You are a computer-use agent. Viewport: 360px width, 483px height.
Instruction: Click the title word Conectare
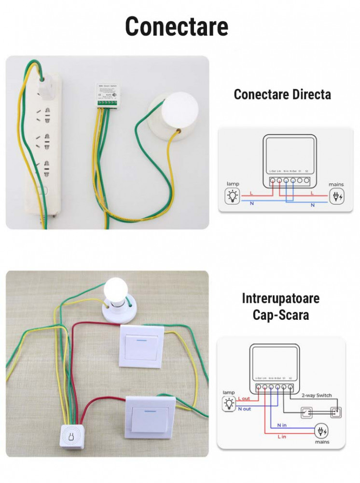coord(177,27)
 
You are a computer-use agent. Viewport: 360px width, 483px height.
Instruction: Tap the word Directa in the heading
coord(308,94)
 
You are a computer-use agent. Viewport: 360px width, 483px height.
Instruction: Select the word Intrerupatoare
coord(280,298)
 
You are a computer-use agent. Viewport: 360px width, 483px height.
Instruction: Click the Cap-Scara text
coord(280,315)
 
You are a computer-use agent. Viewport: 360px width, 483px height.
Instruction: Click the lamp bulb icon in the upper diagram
coord(233,196)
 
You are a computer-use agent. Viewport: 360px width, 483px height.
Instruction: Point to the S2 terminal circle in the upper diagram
coord(307,181)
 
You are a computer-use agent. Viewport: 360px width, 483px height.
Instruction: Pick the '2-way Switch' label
coord(317,395)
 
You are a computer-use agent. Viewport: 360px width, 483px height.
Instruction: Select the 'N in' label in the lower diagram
coord(282,425)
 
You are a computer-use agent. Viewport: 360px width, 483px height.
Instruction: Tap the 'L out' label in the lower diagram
coord(244,398)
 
